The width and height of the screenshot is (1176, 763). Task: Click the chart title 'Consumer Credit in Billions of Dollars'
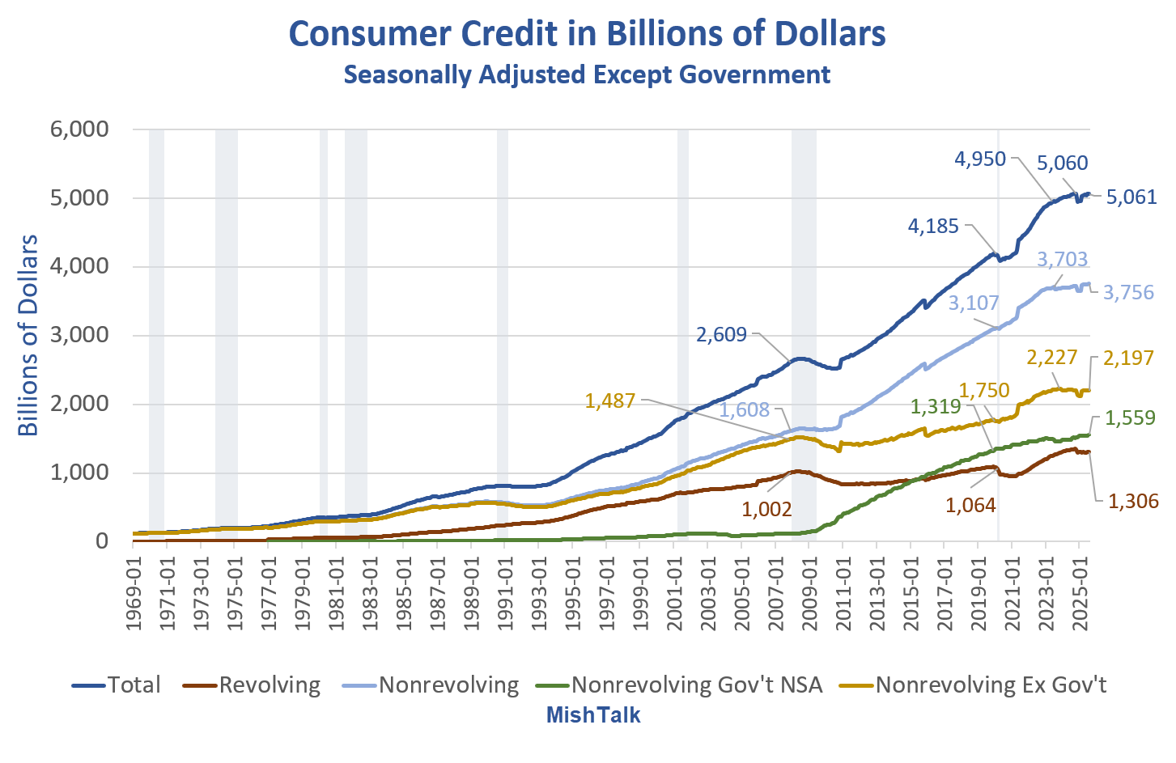tap(587, 34)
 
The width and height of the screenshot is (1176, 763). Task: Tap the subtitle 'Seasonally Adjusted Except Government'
tap(587, 74)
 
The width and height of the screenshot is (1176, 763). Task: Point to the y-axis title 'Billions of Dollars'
tap(29, 335)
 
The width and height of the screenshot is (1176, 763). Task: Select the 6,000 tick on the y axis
tap(79, 129)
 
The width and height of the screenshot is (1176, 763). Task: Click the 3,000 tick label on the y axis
tap(79, 335)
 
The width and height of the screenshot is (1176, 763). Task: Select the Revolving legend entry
tap(252, 685)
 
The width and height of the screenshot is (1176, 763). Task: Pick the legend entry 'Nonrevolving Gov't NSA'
tap(679, 685)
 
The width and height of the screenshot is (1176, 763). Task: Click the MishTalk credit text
tap(593, 715)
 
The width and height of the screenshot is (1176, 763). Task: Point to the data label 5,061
tap(1131, 197)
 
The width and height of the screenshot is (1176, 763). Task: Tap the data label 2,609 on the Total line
tap(721, 335)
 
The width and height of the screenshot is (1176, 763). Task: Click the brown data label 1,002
tap(766, 509)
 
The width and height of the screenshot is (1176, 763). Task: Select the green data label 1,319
tap(936, 407)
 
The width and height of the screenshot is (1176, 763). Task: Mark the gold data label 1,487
tap(610, 401)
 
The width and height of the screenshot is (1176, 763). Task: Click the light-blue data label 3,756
tap(1127, 293)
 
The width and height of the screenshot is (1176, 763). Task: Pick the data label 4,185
tap(933, 227)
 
